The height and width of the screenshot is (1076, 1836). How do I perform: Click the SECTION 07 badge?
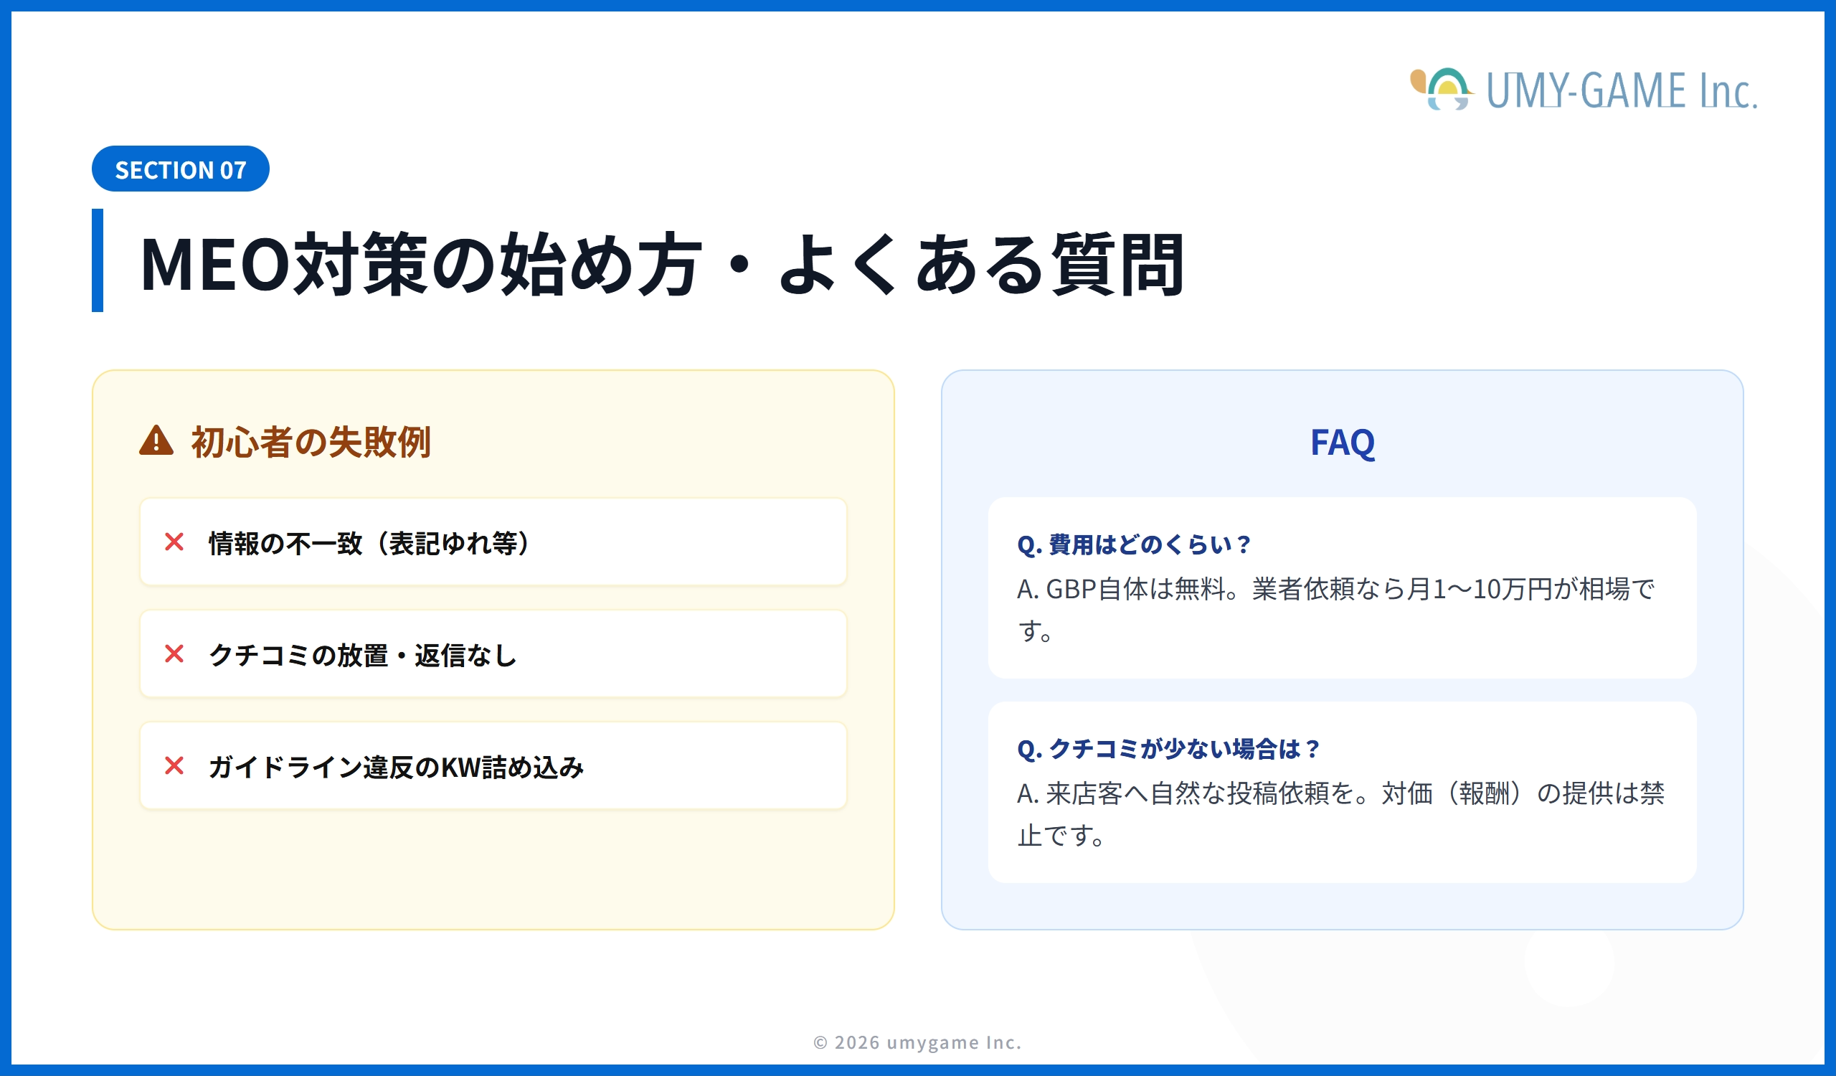tap(180, 169)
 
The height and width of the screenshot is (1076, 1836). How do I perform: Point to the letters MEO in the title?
tap(216, 264)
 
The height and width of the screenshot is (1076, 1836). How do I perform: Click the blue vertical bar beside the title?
tap(98, 260)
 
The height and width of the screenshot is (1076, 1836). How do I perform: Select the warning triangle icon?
tap(156, 441)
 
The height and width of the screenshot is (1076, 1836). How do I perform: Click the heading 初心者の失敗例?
tap(311, 442)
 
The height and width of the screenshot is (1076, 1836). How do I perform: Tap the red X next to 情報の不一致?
tap(174, 542)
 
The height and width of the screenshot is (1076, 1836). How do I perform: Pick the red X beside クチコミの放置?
tap(174, 654)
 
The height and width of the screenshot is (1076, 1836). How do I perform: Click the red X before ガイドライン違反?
tap(174, 766)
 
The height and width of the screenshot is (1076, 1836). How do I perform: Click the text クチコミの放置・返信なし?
tap(363, 656)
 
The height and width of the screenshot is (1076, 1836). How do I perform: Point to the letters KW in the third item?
tap(461, 768)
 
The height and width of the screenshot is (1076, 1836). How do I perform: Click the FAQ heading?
tap(1342, 442)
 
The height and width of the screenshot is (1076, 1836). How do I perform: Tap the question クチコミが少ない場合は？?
tap(1168, 749)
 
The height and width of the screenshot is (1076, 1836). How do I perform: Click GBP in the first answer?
tap(1071, 590)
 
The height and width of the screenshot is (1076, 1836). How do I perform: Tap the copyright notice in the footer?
tap(917, 1042)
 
